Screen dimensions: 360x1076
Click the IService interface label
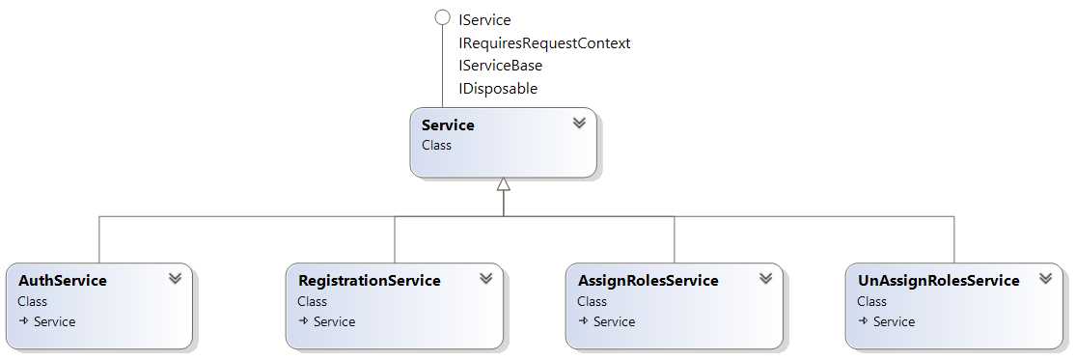(484, 19)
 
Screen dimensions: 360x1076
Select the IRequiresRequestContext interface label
(544, 42)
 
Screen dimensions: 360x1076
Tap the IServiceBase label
(500, 66)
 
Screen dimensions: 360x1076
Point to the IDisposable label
(498, 89)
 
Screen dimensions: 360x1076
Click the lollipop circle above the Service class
(443, 17)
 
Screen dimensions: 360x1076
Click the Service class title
(448, 125)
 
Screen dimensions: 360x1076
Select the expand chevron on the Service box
(579, 124)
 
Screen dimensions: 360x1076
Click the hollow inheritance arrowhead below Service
(503, 184)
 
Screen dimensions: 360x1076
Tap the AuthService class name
(62, 281)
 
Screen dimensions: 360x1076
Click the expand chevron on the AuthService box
(175, 278)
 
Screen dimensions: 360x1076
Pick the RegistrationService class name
(369, 281)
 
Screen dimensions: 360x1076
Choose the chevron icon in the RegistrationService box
(485, 278)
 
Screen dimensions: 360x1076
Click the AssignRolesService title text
(648, 281)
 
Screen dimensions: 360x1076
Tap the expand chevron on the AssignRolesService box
(765, 278)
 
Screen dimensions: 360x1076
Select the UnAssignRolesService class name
(938, 281)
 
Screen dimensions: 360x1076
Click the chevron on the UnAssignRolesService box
(1045, 278)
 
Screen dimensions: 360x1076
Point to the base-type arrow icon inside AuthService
(24, 322)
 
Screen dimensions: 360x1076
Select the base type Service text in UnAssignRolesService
(894, 322)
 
